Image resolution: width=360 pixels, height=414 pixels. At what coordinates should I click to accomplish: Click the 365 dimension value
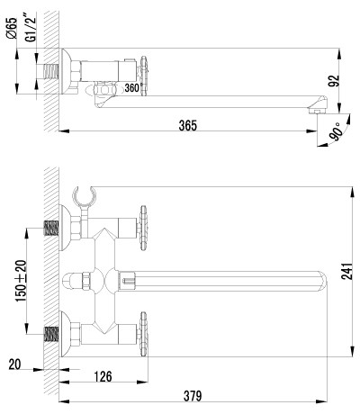tap(188, 125)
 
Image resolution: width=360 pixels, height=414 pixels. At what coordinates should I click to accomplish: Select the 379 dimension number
tap(193, 396)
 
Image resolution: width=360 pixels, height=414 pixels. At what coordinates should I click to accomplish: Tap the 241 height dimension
tap(346, 271)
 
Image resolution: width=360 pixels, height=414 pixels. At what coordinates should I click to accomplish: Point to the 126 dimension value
tap(103, 377)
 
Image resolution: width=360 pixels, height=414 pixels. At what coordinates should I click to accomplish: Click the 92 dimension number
tap(334, 80)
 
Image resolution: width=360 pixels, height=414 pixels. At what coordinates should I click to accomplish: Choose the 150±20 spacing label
tap(22, 281)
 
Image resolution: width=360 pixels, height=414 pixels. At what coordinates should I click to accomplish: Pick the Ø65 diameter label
tap(12, 28)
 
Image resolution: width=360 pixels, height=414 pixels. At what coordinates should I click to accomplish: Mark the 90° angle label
tap(336, 131)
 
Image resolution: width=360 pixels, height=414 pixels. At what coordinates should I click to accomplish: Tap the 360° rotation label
tap(132, 88)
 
